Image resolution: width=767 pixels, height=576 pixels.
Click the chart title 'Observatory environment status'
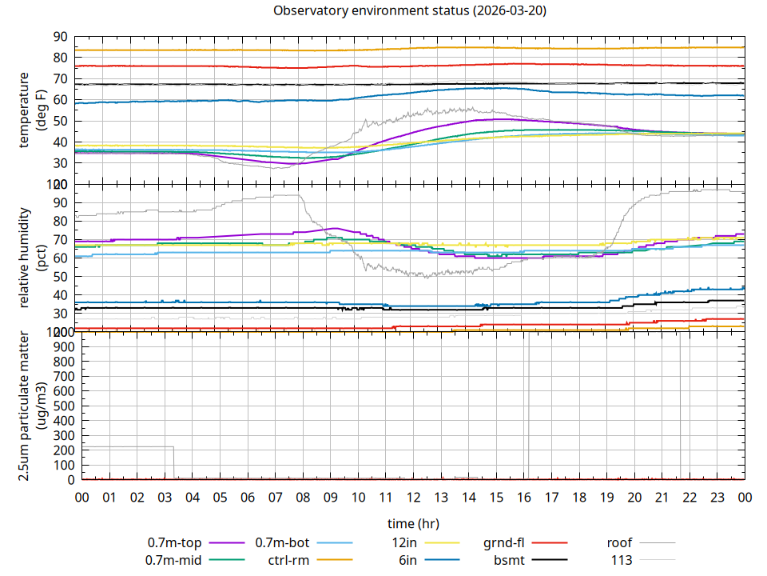372,11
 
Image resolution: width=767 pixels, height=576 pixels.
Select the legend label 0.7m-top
173,543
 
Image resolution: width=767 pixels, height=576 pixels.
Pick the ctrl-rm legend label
288,560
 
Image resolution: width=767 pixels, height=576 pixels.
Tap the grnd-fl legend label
503,543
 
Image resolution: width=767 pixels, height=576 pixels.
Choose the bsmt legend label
509,560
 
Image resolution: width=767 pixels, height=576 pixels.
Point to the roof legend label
619,543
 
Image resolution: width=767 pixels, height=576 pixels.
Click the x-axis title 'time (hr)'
412,524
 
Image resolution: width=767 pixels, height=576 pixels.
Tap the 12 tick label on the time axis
413,498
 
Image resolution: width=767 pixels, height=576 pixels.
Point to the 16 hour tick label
523,498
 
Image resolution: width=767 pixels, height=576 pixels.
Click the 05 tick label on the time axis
220,498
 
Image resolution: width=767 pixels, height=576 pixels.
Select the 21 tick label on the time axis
662,498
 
